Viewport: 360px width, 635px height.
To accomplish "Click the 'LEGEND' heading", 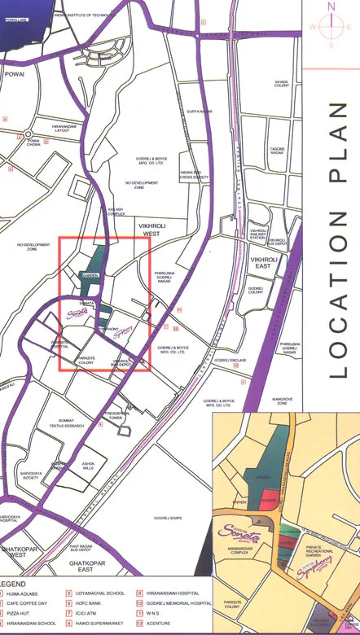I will pyautogui.click(x=15, y=584).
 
